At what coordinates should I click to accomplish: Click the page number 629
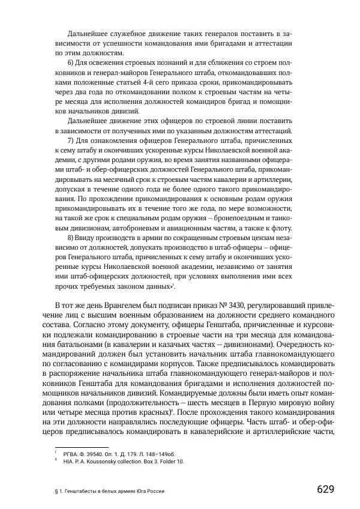coord(325,489)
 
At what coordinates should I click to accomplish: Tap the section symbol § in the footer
coord(56,490)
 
